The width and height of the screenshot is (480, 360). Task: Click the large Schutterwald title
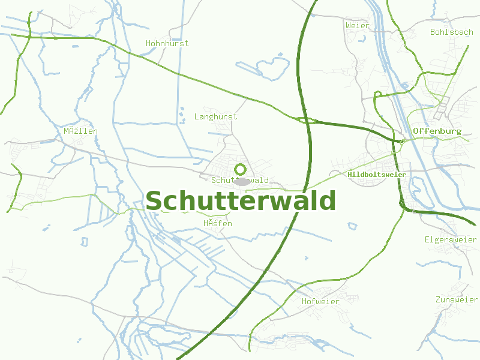[241, 201]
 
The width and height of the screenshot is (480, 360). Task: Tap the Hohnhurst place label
[167, 43]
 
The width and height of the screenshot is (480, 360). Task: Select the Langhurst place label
[215, 116]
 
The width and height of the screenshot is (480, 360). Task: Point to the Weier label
[358, 26]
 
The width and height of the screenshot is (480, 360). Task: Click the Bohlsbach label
[452, 32]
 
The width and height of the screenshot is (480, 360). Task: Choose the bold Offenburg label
[437, 131]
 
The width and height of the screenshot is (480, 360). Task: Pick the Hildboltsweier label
[377, 175]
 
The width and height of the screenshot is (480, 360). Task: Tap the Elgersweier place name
[451, 239]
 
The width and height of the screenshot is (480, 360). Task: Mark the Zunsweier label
[457, 299]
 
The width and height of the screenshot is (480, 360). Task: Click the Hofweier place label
[320, 301]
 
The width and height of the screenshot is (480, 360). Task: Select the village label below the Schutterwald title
[217, 223]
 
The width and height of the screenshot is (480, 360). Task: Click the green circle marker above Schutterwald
[240, 169]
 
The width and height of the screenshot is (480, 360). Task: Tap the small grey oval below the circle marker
[242, 181]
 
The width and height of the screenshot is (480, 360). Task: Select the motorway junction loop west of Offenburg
[307, 120]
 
